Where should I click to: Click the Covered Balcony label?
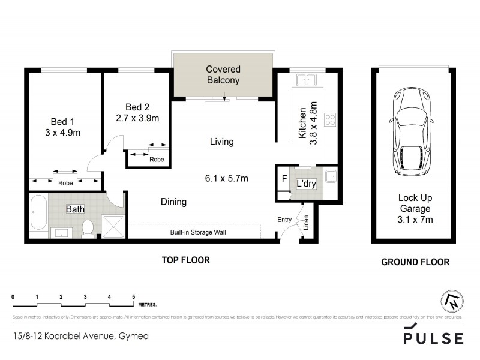click(x=223, y=74)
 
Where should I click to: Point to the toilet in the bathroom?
click(x=88, y=227)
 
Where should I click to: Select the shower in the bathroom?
click(x=112, y=226)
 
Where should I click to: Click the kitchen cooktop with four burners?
click(x=329, y=118)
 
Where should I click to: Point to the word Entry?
click(x=284, y=220)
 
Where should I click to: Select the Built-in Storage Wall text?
click(x=197, y=233)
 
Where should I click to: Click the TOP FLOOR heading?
click(x=185, y=260)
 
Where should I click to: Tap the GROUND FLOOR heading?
click(x=415, y=262)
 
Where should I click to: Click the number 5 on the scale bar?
click(x=133, y=297)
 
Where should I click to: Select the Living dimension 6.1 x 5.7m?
click(x=226, y=178)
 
